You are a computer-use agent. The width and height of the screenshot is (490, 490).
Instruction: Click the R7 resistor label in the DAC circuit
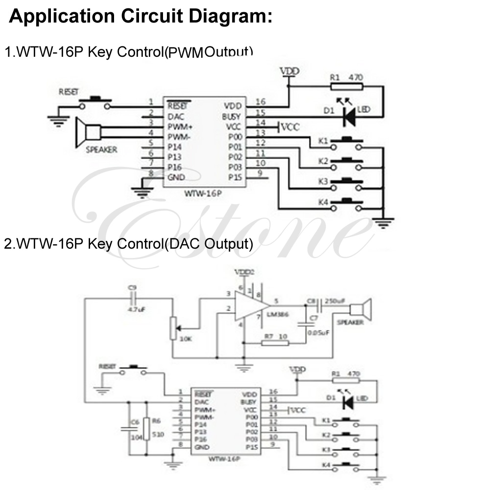(x=269, y=336)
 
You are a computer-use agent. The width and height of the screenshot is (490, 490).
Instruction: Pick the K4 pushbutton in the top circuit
(x=348, y=205)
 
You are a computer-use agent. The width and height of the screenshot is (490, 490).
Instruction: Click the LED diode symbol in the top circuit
(x=349, y=116)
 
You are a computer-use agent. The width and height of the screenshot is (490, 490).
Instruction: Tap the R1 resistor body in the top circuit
(x=347, y=87)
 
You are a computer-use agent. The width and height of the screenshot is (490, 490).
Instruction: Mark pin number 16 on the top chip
(x=260, y=101)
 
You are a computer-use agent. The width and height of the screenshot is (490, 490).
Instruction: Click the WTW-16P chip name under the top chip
(x=204, y=193)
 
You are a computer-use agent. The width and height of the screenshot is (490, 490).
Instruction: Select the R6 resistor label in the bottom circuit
(x=156, y=420)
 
